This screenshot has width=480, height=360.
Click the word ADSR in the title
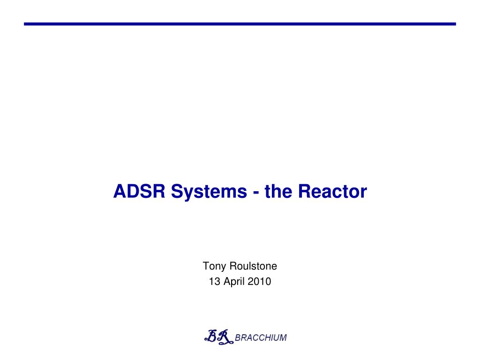pos(139,191)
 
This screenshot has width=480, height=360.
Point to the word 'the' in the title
pos(278,191)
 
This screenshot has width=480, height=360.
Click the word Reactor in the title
pos(332,191)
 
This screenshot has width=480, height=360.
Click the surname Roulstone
pos(253,266)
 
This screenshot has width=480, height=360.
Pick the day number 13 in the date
pos(214,281)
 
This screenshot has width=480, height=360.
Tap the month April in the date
pos(234,282)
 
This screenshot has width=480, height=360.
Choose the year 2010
pos(259,281)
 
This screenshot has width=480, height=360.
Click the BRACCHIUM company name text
pos(261,337)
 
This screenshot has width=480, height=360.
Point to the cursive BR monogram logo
pos(218,337)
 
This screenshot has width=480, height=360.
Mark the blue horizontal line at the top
pos(240,24)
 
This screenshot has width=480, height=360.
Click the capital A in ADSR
pos(120,191)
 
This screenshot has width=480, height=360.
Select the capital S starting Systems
pos(177,191)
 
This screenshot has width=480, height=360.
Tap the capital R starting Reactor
pos(305,191)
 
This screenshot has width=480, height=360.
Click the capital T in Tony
pos(206,266)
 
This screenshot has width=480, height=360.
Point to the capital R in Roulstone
pos(233,266)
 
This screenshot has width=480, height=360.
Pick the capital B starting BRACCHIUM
pos(238,337)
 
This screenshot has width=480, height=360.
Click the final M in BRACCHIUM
pos(283,337)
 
